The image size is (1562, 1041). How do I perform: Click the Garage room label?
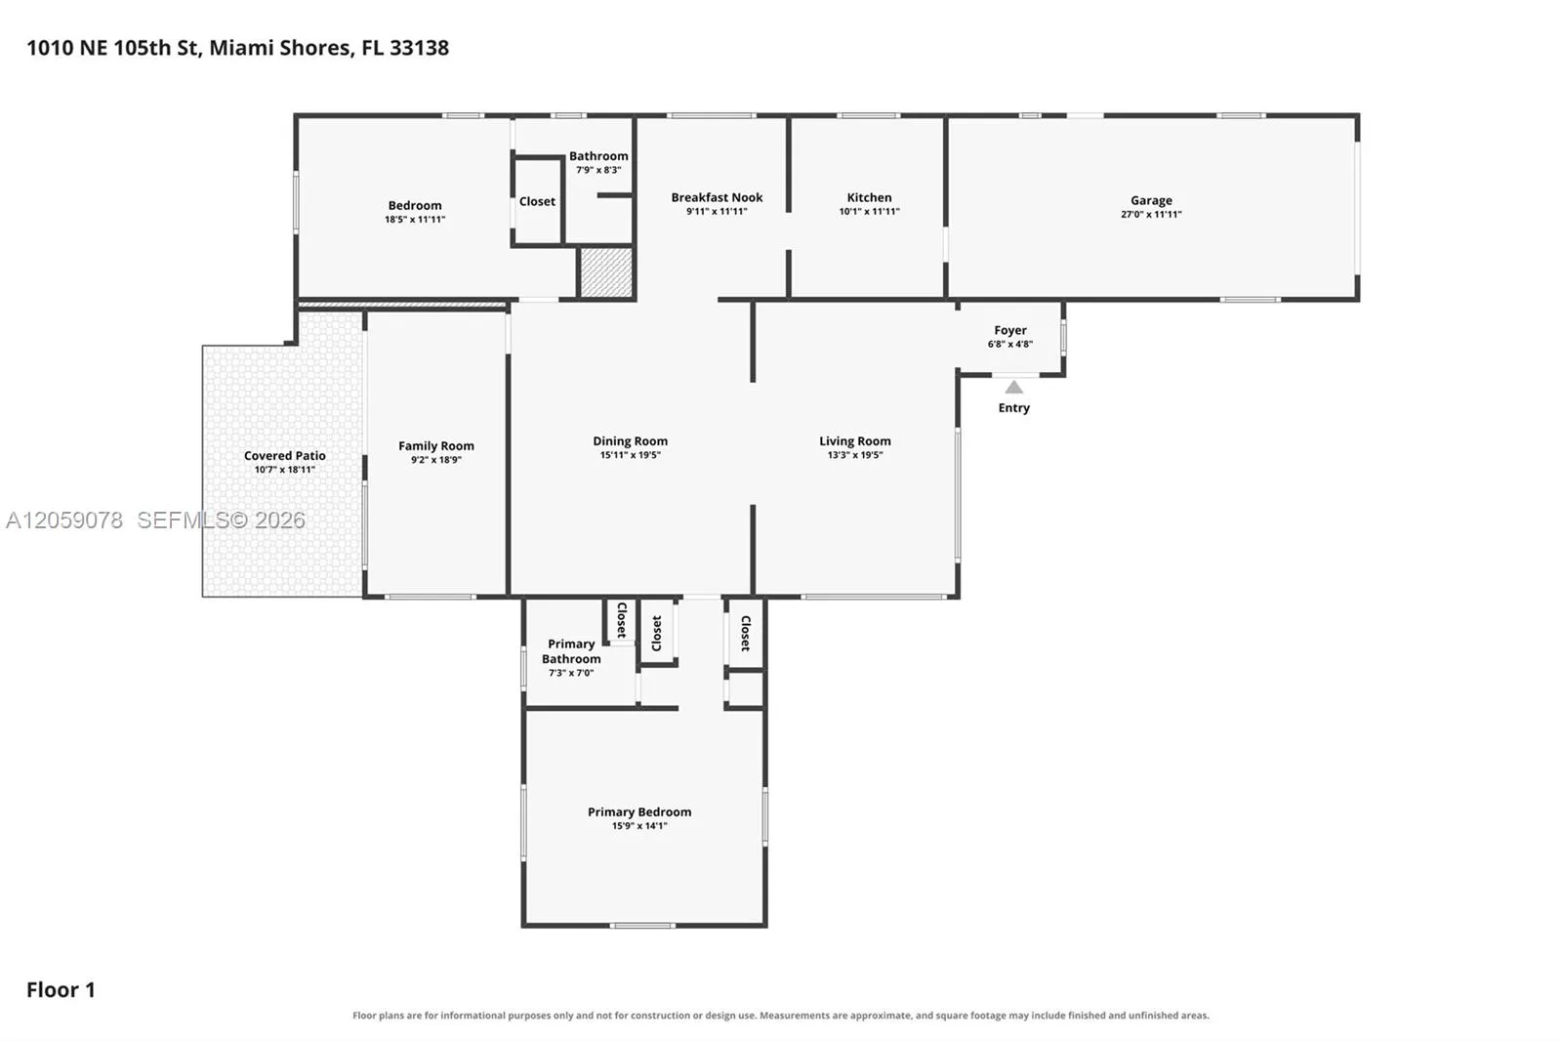1151,200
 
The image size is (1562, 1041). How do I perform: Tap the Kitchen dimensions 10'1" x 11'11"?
869,211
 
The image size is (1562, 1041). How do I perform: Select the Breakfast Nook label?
717,197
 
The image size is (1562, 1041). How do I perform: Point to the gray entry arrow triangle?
1014,387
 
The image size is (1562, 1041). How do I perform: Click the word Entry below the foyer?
1014,407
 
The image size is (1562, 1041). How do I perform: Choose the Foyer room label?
1010,330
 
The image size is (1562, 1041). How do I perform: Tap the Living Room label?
855,441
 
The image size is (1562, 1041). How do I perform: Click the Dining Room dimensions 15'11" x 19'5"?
631,455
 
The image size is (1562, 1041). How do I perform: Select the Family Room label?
435,446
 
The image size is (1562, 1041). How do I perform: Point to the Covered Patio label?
284,456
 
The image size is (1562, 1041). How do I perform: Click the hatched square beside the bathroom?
606,272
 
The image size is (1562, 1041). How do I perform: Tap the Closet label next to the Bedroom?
537,201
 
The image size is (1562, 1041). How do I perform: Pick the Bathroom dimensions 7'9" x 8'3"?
598,170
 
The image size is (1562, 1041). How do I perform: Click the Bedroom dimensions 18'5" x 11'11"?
415,219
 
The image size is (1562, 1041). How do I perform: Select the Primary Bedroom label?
639,812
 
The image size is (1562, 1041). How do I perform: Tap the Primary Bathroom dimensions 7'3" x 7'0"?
571,673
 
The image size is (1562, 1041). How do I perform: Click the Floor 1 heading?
61,989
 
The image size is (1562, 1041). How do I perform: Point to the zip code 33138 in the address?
419,48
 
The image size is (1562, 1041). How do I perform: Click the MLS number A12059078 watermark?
64,520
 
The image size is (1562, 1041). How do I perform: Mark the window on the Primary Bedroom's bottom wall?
642,926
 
